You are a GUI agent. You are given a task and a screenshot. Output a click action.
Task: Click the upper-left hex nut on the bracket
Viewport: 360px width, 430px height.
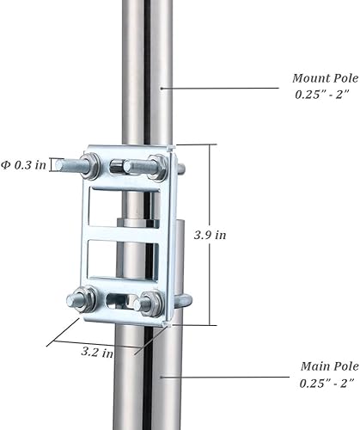click(x=92, y=165)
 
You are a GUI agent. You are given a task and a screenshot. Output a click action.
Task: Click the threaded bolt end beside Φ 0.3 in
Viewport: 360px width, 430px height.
click(x=69, y=164)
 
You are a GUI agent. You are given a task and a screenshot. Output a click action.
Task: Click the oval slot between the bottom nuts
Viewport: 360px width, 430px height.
click(x=118, y=301)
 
